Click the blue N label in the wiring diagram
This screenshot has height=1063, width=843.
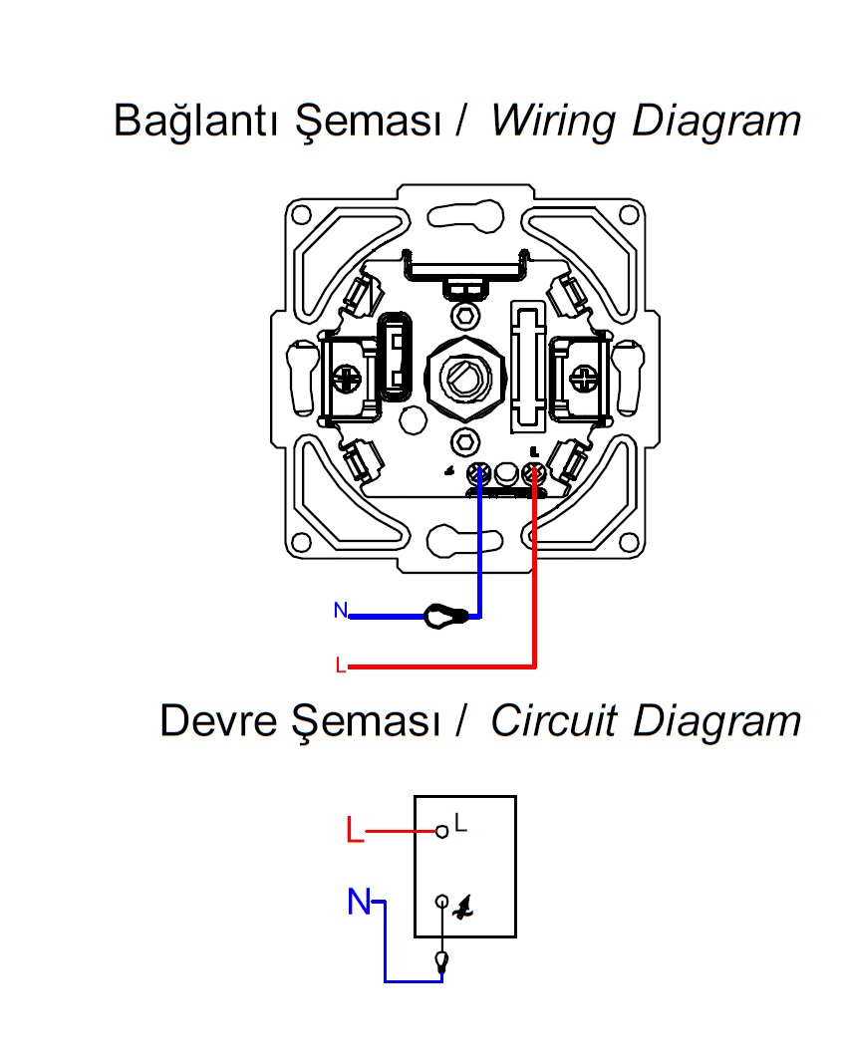pos(340,611)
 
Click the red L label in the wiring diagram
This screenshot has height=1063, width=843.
pos(341,665)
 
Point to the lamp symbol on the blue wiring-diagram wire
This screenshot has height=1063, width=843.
pos(444,617)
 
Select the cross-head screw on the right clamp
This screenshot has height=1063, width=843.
pos(583,378)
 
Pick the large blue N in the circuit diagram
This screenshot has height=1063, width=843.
pos(359,903)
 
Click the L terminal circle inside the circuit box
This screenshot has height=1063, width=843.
pos(440,830)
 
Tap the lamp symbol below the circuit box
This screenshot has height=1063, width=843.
pos(441,961)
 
